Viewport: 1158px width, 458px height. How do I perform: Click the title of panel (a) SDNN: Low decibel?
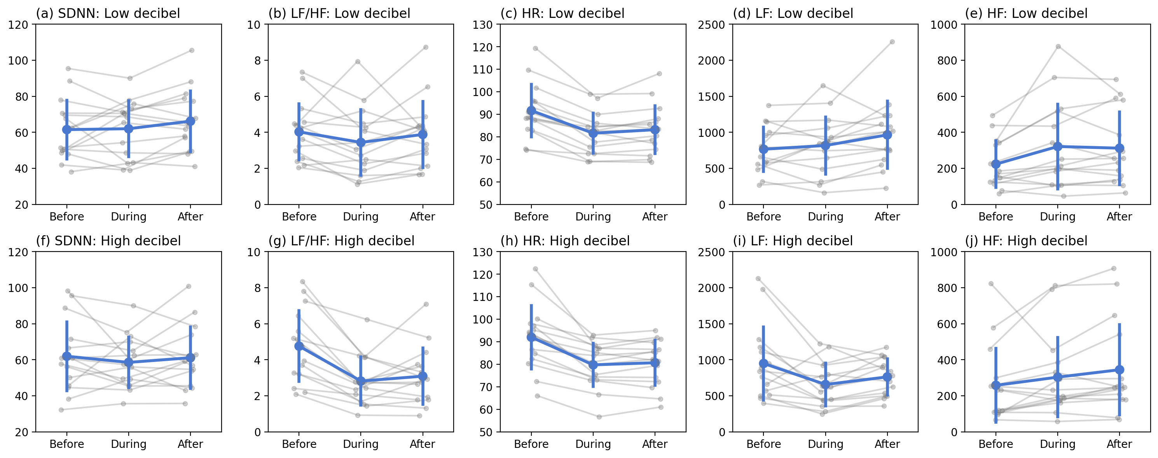(108, 13)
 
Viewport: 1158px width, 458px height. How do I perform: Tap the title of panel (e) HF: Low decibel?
(1026, 13)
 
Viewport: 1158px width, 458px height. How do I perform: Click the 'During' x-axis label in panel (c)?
(593, 217)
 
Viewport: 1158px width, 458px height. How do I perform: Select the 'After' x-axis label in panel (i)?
(887, 444)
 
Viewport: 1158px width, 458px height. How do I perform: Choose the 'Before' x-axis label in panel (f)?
(66, 444)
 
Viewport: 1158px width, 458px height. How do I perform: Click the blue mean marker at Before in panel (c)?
(531, 110)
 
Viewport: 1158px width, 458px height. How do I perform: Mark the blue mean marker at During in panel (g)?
(360, 381)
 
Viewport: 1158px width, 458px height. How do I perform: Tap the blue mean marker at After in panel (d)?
(887, 135)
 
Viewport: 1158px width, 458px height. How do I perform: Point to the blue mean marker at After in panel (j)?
(1120, 370)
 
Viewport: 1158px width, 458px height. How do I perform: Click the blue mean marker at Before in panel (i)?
(763, 364)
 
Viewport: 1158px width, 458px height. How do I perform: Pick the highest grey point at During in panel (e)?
(1058, 46)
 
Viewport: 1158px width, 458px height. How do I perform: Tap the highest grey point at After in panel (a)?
(192, 50)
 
